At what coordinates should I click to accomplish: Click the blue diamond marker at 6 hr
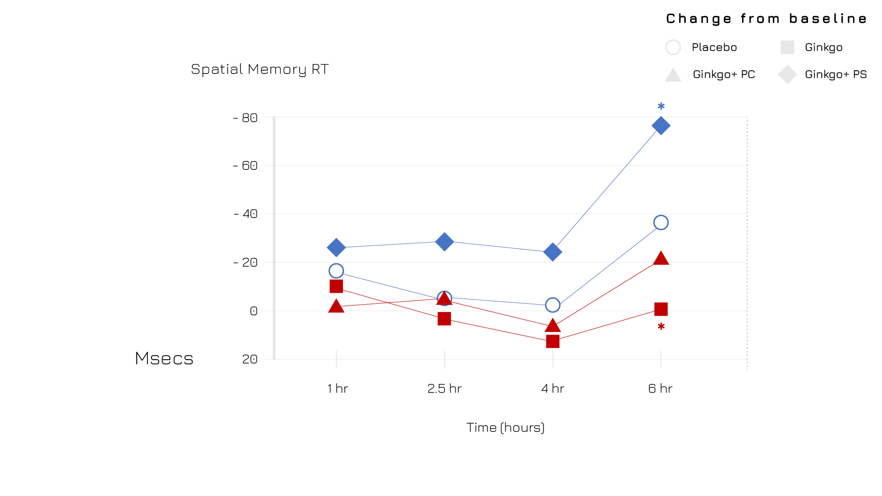pos(661,126)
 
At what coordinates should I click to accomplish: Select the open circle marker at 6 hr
pos(661,223)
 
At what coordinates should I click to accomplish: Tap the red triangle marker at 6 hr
pos(661,259)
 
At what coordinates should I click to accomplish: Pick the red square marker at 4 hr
pos(553,341)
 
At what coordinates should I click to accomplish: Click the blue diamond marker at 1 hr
pos(336,248)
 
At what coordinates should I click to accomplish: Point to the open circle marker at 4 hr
pos(553,305)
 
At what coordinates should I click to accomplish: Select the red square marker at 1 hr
pos(336,286)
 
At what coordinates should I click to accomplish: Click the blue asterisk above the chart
pos(661,106)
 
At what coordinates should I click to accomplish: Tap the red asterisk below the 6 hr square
pos(661,327)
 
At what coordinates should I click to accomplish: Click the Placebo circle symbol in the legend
pos(673,47)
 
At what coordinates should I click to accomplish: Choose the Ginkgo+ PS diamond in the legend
pos(787,74)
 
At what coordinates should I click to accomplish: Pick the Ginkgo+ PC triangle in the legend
pos(673,75)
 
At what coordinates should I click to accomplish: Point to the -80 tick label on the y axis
pos(246,118)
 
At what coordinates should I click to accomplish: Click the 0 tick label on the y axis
pos(253,311)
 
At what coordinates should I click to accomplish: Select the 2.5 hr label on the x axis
pos(444,389)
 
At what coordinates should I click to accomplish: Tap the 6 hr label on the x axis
pos(660,389)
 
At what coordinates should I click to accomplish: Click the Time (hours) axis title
pos(506,428)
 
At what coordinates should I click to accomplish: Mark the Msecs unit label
pos(164,358)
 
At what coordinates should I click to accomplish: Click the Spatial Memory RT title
pos(260,69)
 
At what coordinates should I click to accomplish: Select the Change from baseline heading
pos(767,19)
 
